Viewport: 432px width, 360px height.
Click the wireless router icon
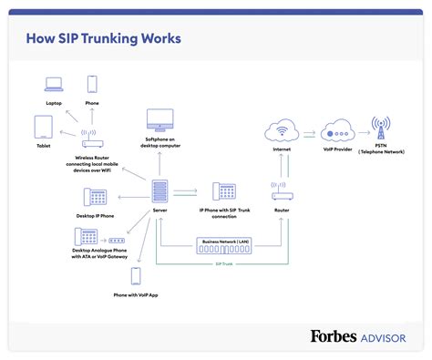tap(93, 139)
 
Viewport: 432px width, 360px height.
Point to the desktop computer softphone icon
tap(159, 120)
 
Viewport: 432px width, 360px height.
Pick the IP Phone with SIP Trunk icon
tap(224, 191)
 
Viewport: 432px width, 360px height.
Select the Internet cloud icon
tap(281, 132)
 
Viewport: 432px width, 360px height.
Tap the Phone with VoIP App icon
tap(136, 275)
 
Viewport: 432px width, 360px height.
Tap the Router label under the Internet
tap(282, 211)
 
